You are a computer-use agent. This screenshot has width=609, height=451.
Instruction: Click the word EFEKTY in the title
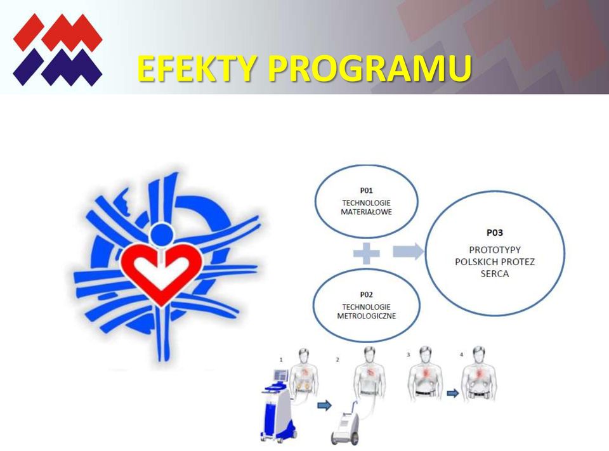click(x=196, y=68)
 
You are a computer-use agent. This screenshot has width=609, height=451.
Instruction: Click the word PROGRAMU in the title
click(x=369, y=68)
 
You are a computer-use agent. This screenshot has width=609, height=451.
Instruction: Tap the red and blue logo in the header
click(x=58, y=49)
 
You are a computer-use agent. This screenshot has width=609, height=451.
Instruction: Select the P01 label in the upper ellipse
click(x=366, y=190)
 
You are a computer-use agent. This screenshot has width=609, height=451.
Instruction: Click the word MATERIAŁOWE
click(x=366, y=212)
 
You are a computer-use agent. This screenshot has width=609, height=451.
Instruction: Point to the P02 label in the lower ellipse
click(x=366, y=294)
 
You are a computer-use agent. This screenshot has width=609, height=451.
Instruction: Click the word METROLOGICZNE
click(x=366, y=316)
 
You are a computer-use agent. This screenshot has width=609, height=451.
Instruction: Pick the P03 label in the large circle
click(x=494, y=233)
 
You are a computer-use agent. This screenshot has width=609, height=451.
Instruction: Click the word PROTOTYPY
click(x=494, y=250)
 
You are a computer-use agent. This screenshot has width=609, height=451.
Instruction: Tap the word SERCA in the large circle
click(x=494, y=274)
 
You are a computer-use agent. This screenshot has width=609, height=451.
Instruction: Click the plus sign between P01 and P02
click(x=366, y=253)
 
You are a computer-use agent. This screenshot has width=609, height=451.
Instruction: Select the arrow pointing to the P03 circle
click(x=408, y=251)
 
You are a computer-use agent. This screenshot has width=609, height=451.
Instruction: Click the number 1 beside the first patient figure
click(x=281, y=360)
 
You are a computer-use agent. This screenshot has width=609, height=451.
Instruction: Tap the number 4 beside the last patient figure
click(x=461, y=355)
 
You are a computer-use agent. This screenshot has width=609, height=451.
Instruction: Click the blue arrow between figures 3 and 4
click(x=452, y=393)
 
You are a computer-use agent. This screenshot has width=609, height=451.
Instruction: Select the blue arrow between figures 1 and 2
click(x=324, y=405)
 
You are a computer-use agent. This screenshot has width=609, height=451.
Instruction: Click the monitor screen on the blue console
click(x=280, y=376)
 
